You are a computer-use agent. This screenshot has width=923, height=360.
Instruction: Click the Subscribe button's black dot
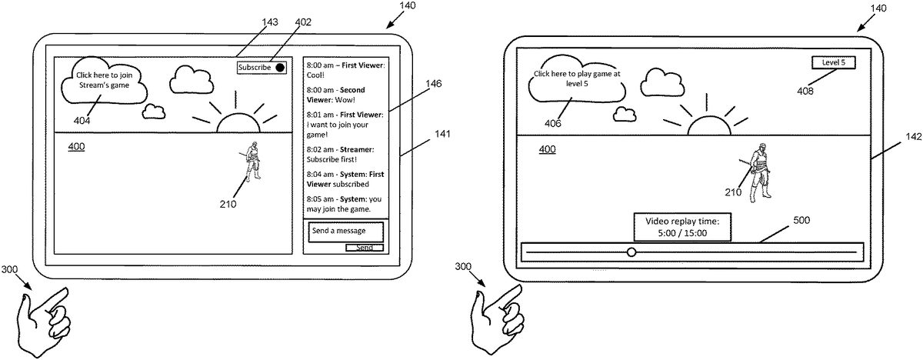280,68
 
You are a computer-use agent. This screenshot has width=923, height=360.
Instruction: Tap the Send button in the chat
364,248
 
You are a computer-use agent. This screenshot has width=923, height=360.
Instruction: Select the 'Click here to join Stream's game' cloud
108,81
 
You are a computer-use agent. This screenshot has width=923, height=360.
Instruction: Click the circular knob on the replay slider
631,252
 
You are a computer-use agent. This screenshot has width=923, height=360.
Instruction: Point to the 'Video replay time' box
681,227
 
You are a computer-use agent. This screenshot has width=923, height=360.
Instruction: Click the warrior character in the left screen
252,160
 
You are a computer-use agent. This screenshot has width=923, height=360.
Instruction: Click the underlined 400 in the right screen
548,148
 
